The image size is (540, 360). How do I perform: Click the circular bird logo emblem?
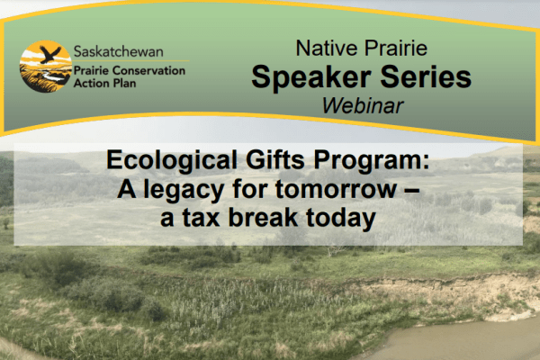[45, 67]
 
